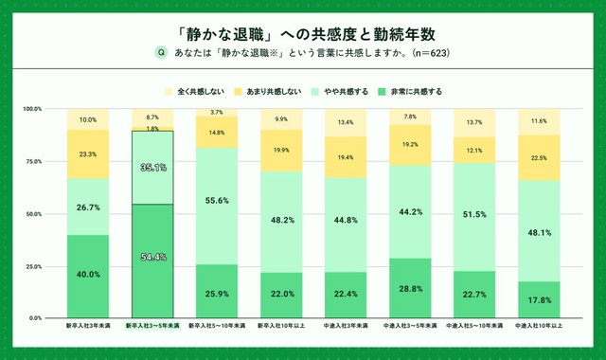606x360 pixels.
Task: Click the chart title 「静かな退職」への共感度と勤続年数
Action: coord(303,31)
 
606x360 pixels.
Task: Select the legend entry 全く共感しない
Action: coord(198,92)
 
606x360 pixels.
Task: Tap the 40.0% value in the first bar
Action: coord(87,275)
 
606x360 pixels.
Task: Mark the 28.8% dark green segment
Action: coord(410,286)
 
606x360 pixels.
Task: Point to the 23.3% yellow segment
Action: coord(87,153)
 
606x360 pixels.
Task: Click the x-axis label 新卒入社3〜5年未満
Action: coord(151,327)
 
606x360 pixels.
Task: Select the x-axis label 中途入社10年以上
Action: coord(540,327)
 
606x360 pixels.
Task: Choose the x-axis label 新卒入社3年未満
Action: coord(87,327)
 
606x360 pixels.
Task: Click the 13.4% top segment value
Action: coord(346,122)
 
